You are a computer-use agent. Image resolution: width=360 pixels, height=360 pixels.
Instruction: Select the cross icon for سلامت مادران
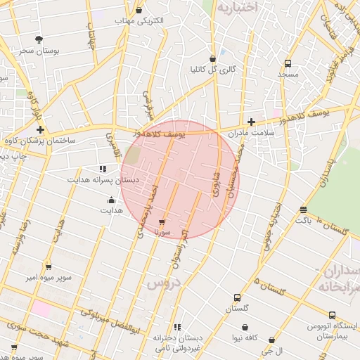point(251,122)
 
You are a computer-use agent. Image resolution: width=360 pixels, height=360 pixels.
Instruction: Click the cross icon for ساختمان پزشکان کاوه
point(40,129)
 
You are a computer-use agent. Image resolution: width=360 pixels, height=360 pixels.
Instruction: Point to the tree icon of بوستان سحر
point(38,39)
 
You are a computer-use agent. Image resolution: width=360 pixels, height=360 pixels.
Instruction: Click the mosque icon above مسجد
point(287,63)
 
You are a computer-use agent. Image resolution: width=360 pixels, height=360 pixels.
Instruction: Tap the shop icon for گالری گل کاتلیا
point(212,58)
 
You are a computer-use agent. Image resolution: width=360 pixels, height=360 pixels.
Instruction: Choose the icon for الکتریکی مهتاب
point(139,10)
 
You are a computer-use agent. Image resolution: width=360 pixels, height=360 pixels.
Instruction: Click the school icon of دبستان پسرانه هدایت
point(103,169)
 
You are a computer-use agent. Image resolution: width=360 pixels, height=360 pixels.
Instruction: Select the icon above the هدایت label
point(103,200)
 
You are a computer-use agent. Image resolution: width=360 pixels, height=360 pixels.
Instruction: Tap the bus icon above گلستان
point(237,297)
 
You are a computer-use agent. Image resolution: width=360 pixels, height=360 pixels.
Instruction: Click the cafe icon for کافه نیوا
point(245,328)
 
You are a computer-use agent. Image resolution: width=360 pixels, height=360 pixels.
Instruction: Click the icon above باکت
point(303,210)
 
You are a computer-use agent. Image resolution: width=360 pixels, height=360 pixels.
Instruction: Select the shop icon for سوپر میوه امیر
point(49,266)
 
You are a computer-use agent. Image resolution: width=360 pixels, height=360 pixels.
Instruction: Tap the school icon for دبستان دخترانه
point(177,327)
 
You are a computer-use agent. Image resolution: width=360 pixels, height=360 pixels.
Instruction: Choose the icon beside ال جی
point(271,340)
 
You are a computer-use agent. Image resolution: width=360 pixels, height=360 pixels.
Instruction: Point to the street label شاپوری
point(216,181)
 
